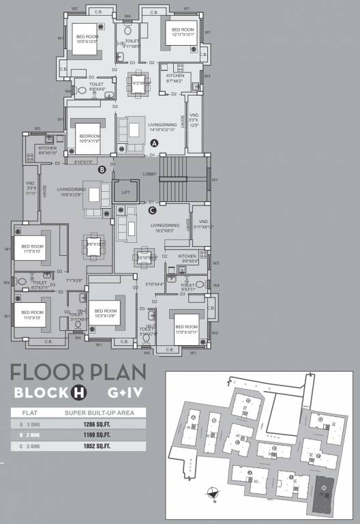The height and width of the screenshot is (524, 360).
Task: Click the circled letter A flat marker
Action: (x=154, y=143)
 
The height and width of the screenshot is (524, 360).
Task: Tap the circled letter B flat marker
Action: (x=102, y=169)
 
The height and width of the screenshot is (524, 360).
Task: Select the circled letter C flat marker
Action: (x=151, y=210)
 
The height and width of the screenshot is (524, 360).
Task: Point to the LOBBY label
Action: (x=149, y=174)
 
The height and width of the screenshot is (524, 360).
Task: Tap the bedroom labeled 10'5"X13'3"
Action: (x=87, y=39)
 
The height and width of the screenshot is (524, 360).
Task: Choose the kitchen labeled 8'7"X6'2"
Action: (x=175, y=78)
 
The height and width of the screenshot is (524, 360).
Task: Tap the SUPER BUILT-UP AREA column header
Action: (x=99, y=413)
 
